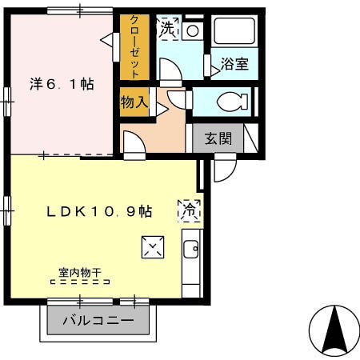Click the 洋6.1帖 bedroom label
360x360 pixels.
coord(62,84)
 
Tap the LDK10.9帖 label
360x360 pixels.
coord(99,212)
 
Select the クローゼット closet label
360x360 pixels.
coord(134,47)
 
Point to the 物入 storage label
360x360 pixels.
coord(134,102)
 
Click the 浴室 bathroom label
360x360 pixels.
coord(234,64)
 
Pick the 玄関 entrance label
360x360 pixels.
coord(218,138)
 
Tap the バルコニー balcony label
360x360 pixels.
coord(98,320)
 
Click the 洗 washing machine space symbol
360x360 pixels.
coord(169,28)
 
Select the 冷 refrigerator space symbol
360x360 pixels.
coord(190,211)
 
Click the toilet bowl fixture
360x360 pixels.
coord(233,102)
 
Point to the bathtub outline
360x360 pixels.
coord(234,31)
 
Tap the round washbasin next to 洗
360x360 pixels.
coord(193,31)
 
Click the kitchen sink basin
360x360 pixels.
coord(191,250)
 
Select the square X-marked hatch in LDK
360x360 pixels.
coord(153,247)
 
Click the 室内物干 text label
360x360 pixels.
coord(80,273)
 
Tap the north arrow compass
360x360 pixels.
coord(334,331)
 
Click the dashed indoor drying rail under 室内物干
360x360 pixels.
coord(80,282)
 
